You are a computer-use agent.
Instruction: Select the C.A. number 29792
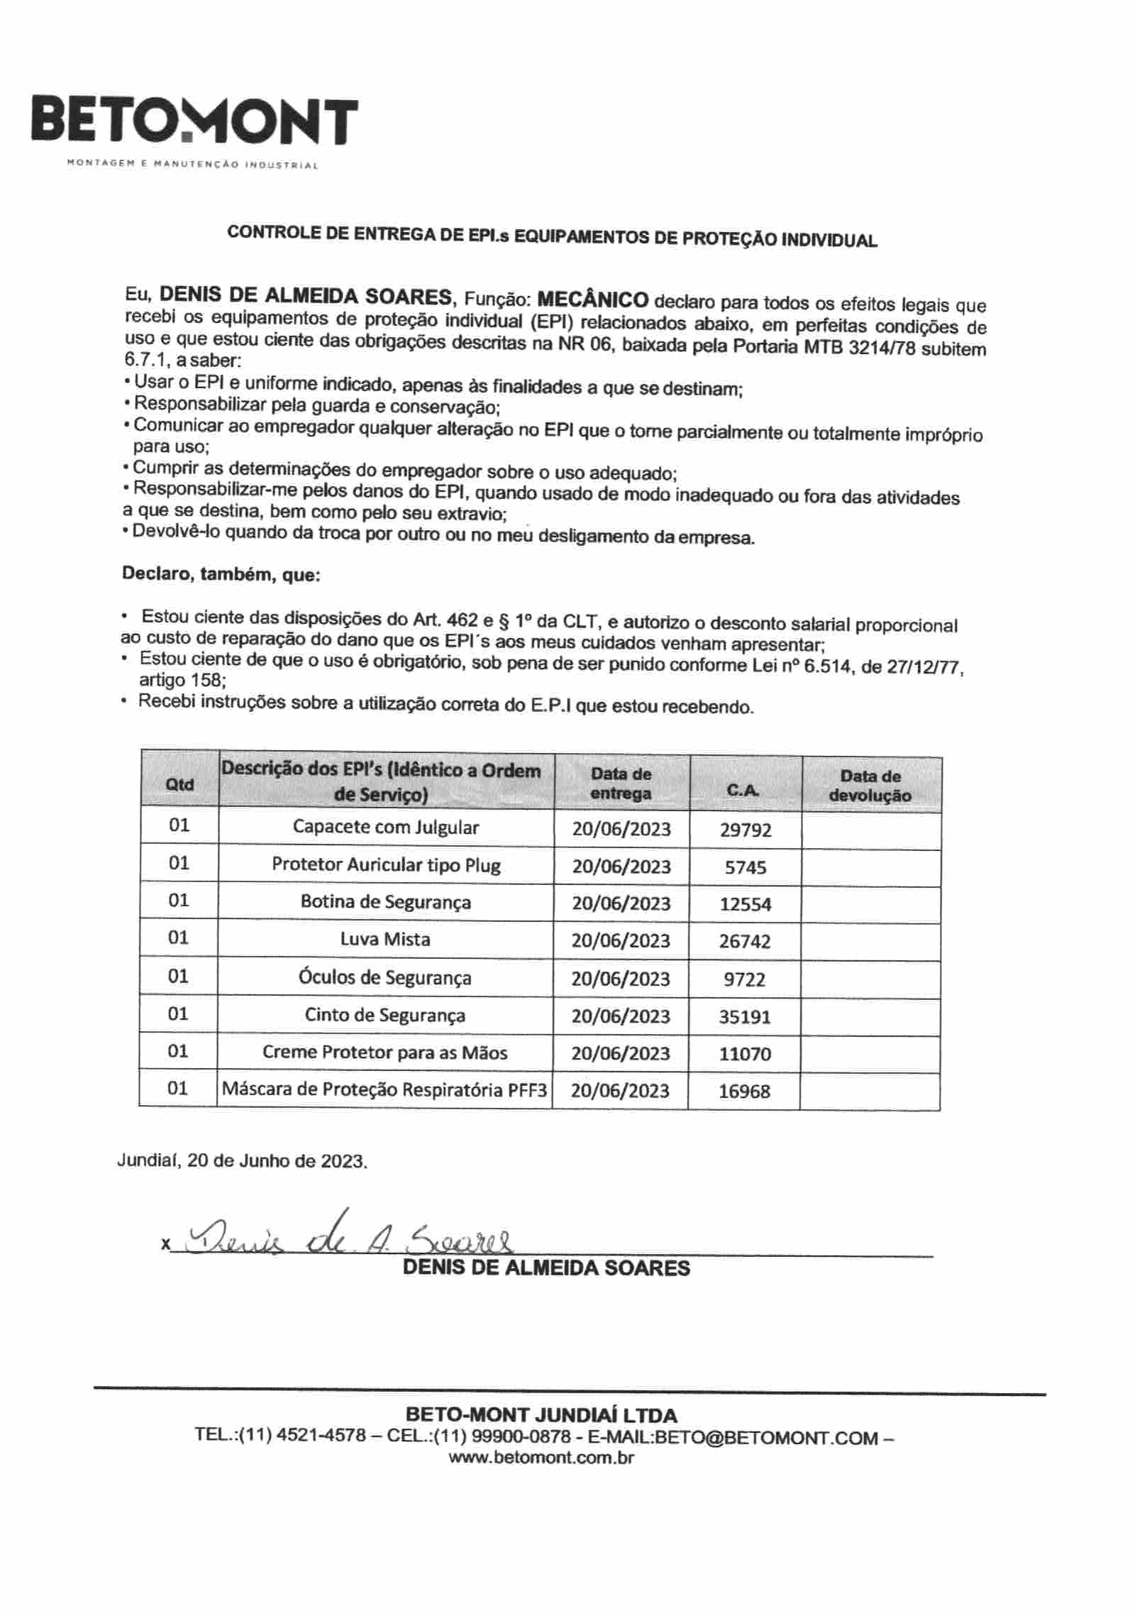point(745,830)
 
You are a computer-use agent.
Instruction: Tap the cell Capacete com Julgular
point(385,828)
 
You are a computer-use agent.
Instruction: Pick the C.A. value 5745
point(745,867)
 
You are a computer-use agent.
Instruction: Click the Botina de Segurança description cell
point(385,902)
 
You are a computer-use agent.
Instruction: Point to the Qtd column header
point(179,784)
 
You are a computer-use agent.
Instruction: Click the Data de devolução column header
point(870,786)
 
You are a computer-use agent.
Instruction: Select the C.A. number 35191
point(745,1016)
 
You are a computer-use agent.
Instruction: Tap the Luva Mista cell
point(385,940)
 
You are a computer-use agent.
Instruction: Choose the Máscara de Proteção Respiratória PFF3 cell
point(384,1089)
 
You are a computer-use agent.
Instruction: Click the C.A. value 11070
point(745,1054)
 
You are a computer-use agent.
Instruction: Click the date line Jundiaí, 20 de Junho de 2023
point(242,1162)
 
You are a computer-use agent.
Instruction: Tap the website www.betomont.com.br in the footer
point(541,1458)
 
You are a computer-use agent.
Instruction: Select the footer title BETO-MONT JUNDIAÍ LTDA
point(541,1416)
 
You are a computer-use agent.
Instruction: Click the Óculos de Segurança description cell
point(385,977)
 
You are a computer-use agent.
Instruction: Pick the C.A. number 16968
point(744,1092)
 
